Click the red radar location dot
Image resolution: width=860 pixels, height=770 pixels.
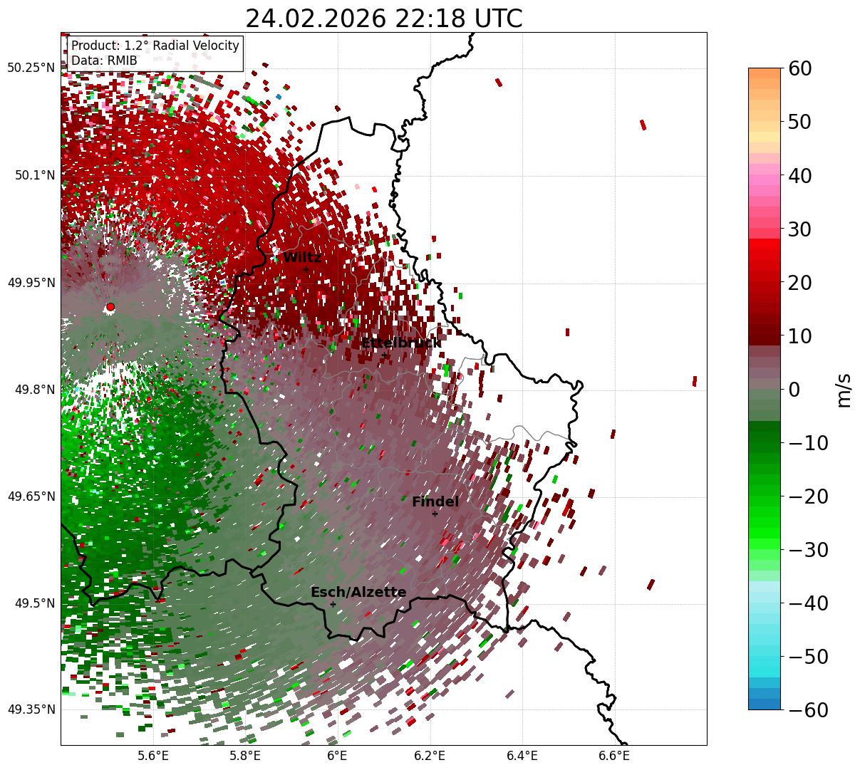point(110,307)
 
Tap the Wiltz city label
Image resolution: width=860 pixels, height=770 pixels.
point(302,258)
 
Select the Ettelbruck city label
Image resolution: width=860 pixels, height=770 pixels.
point(401,343)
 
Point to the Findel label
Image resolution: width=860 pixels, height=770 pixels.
point(435,502)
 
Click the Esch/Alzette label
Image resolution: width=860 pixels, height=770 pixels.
point(358,593)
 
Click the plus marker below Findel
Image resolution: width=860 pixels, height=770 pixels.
point(435,514)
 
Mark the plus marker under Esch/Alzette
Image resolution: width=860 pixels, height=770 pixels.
point(333,604)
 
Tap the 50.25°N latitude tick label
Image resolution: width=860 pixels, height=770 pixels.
point(31,68)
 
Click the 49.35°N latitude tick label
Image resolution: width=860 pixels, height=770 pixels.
point(31,709)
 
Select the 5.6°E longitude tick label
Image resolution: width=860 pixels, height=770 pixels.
point(153,756)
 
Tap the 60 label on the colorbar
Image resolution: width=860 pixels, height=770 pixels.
point(799,69)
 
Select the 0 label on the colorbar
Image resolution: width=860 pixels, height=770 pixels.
point(794,390)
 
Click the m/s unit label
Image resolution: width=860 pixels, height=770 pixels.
point(844,390)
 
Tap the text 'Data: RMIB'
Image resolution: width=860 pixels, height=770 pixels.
point(104,61)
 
